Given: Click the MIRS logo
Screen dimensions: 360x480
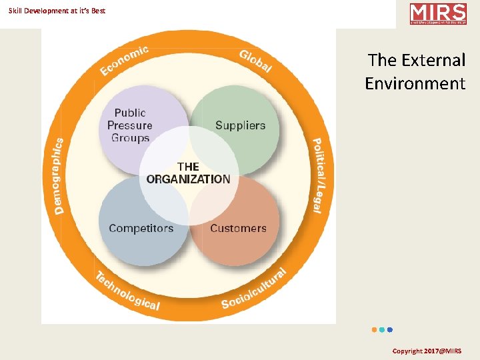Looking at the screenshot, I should [438, 14].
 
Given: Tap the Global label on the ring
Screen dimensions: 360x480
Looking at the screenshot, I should [255, 61].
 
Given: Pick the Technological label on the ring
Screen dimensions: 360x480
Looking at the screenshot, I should [127, 291].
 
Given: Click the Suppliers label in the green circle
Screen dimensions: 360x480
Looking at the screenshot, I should [240, 125].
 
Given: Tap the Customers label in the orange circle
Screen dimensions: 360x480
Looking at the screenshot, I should [238, 228].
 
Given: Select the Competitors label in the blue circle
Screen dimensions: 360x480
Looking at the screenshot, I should [141, 228].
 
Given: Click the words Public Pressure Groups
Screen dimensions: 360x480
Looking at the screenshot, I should [130, 125].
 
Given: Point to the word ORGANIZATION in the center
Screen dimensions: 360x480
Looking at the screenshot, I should [188, 179].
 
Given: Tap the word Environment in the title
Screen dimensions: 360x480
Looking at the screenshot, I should [415, 83].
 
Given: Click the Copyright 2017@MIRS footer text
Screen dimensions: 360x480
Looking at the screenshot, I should [427, 351].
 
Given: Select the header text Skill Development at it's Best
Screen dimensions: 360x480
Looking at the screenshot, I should [57, 11].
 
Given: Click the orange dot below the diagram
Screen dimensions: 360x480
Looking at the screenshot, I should [374, 329].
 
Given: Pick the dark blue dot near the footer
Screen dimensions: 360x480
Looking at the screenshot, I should [390, 329].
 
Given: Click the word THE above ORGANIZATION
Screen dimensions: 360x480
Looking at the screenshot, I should [188, 167].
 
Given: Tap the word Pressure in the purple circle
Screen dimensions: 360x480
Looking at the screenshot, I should [130, 125].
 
